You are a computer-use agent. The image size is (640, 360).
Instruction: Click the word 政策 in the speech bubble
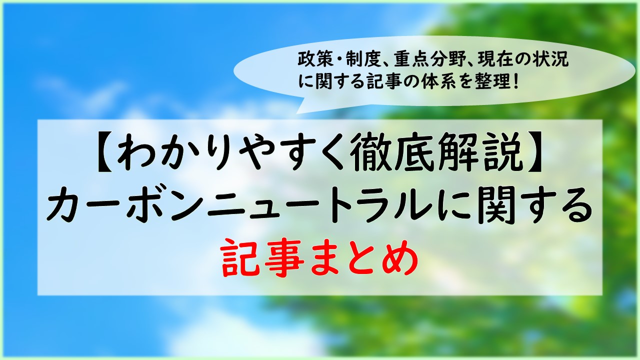click(x=314, y=60)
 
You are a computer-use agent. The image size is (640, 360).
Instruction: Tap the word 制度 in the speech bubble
click(x=362, y=60)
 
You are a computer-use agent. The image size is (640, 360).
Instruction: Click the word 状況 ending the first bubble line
click(x=551, y=60)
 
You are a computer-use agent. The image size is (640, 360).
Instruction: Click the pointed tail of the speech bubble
click(x=297, y=113)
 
